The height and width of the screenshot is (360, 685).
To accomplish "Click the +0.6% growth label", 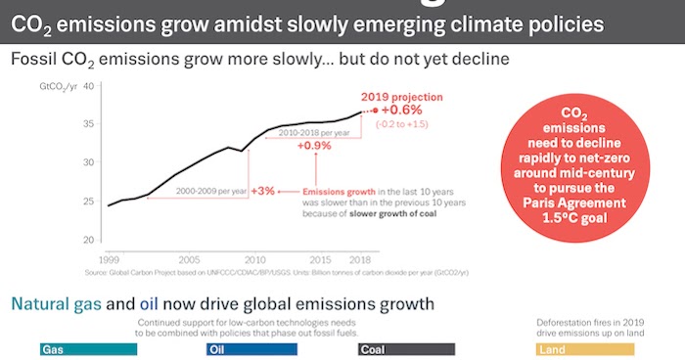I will coord(403,111).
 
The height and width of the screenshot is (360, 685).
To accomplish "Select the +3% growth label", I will coord(262,191).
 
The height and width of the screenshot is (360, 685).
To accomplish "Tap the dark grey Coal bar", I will coord(406,348).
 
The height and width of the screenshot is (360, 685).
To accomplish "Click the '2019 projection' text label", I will coord(402,97).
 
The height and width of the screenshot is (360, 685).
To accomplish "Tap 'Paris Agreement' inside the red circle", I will coord(582,203).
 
